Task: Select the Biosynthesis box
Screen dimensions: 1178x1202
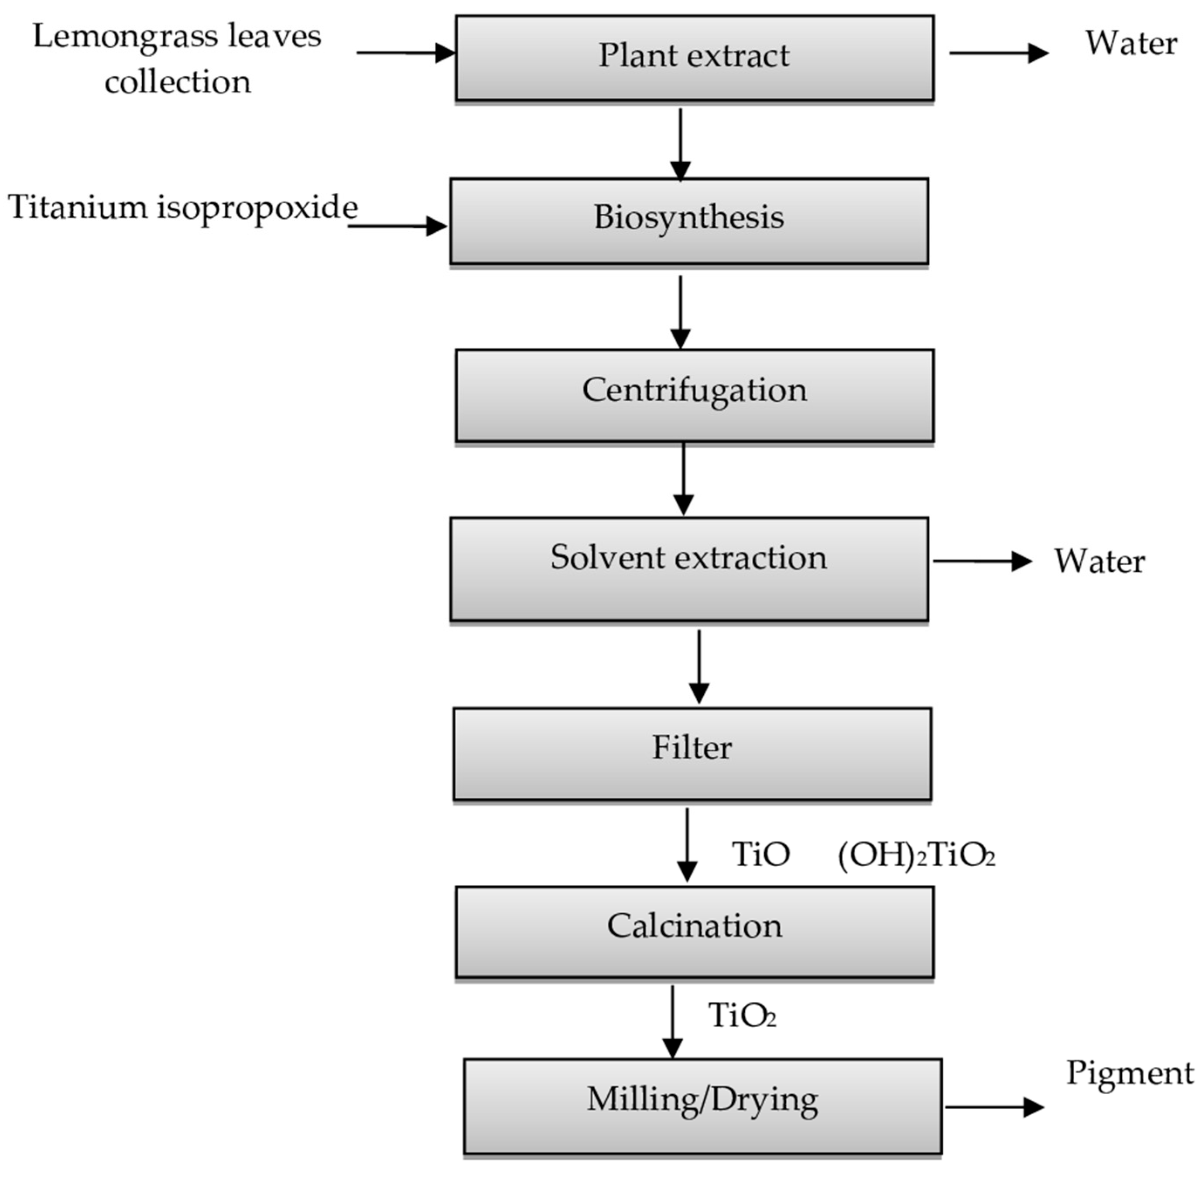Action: point(688,221)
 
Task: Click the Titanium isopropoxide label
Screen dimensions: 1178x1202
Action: point(182,207)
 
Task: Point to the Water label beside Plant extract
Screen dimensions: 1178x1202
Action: point(1131,43)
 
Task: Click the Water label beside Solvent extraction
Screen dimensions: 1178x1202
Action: point(1099,561)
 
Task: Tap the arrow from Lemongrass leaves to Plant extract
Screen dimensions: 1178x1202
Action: point(405,53)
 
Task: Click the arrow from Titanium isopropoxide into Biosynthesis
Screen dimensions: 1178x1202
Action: point(396,226)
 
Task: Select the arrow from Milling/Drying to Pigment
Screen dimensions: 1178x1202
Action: point(993,1107)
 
